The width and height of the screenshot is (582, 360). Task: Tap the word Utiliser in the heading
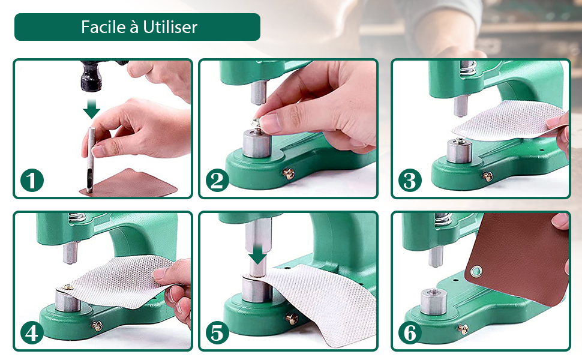(170, 27)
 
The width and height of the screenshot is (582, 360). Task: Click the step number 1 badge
(32, 181)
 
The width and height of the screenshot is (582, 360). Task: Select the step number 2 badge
(217, 181)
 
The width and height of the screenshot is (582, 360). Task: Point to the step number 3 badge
(410, 181)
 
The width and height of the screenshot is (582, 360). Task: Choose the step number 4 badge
(32, 332)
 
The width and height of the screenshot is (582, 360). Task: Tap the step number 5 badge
(217, 332)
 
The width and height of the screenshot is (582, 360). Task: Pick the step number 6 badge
(410, 332)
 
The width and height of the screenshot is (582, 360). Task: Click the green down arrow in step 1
(91, 109)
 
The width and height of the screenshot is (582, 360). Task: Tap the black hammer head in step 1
(92, 76)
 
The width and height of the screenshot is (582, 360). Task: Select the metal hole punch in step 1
(90, 160)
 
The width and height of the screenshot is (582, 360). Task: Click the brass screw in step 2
(289, 173)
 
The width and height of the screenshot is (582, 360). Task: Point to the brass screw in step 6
(463, 328)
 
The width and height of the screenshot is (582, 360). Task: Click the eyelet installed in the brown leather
(476, 271)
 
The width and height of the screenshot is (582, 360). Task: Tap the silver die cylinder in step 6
(434, 301)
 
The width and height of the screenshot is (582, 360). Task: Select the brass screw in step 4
(97, 325)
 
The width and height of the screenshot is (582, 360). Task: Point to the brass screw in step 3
(488, 176)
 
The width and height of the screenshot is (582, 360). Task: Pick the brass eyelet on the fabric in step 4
(68, 287)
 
